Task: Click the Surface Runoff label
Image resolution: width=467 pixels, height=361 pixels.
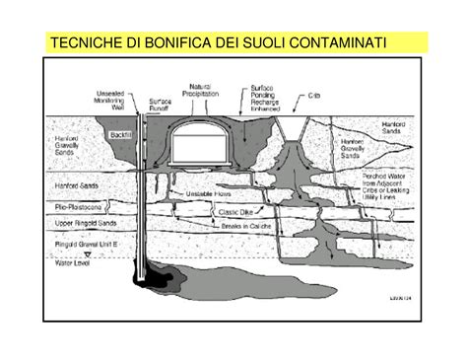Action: tap(161, 106)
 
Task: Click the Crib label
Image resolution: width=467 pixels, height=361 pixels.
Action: tap(315, 96)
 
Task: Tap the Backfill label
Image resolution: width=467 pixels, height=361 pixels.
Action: tap(121, 134)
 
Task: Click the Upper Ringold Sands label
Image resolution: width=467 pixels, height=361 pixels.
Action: tap(78, 225)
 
